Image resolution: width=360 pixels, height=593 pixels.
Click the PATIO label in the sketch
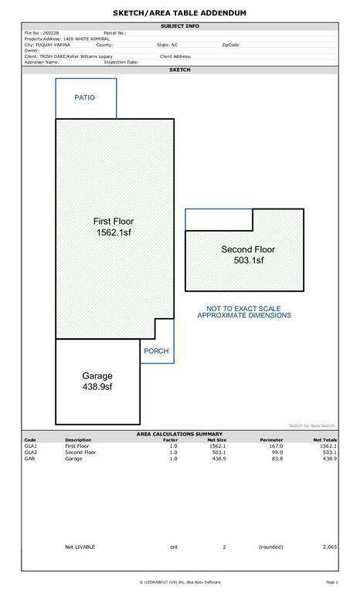coord(84,97)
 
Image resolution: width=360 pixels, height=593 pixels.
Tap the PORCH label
coord(156,351)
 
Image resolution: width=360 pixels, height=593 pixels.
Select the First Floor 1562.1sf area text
coord(114,226)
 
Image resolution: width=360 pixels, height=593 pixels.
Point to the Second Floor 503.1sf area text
coord(248,255)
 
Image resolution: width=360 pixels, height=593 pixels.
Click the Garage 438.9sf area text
coord(97,381)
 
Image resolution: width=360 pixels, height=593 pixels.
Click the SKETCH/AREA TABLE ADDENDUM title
coord(179,13)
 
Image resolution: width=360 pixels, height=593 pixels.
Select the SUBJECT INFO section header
coord(180,26)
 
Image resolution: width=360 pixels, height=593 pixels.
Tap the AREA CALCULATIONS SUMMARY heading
coord(179,434)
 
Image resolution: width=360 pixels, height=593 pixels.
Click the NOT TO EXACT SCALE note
coord(244,308)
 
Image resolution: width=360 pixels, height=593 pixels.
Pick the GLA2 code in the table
coord(31,452)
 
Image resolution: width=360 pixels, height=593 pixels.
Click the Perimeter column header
coord(271,440)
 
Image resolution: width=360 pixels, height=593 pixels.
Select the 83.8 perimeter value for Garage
coord(277,459)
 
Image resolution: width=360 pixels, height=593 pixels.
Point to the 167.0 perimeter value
coord(276,446)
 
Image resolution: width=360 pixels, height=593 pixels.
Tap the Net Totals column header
coord(325,440)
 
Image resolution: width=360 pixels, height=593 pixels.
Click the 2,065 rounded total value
coord(330,547)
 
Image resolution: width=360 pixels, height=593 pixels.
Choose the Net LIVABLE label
coord(80,547)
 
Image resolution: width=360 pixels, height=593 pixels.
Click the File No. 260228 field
coord(42,33)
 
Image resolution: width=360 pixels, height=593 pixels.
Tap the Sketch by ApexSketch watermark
coord(311,426)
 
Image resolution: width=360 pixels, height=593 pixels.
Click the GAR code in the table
coord(29,459)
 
